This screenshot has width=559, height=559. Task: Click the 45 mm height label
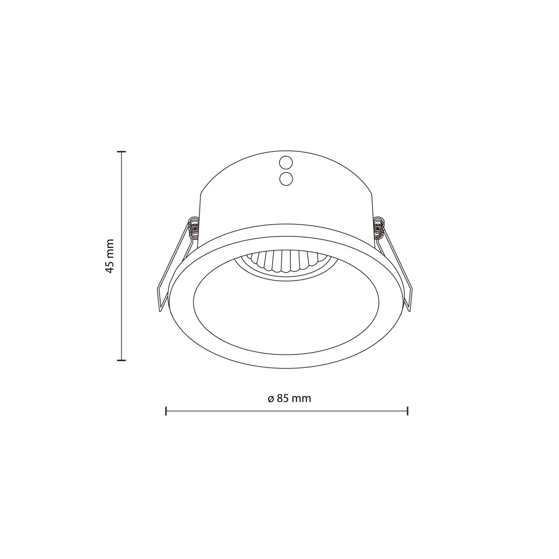click(110, 256)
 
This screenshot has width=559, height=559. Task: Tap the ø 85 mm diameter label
click(289, 399)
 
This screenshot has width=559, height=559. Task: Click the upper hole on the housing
click(286, 163)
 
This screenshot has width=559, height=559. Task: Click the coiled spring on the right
click(380, 228)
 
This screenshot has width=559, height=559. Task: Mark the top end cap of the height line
click(122, 152)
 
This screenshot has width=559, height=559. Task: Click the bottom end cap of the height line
click(122, 360)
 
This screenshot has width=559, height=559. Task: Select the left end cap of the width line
click(166, 411)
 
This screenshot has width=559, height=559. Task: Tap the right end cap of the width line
click(408, 411)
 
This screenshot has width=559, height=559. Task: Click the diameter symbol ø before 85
click(271, 399)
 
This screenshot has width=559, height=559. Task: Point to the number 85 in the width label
click(283, 399)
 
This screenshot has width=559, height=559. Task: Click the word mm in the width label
click(301, 399)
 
